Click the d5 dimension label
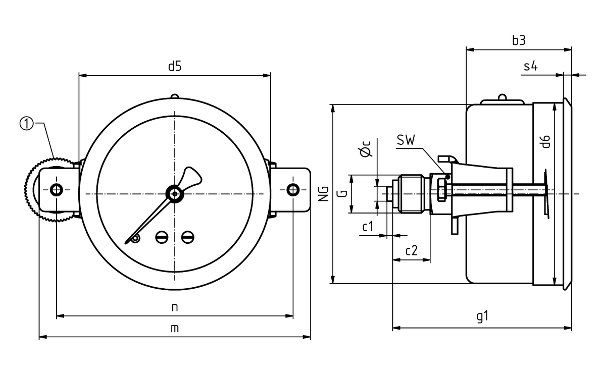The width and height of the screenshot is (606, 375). (174, 66)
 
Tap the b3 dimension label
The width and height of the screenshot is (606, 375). (519, 41)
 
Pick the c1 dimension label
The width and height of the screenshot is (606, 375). (368, 227)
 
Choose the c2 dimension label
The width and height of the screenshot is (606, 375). (412, 251)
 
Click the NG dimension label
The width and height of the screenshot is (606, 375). (324, 193)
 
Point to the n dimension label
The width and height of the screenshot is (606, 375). (175, 307)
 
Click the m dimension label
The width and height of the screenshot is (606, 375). (175, 328)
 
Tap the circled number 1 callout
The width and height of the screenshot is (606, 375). (26, 123)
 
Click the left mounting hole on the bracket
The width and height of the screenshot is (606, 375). (56, 190)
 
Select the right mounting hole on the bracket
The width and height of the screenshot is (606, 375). (293, 190)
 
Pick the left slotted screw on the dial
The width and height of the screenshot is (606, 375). (162, 236)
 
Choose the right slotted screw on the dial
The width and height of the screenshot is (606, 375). (187, 236)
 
